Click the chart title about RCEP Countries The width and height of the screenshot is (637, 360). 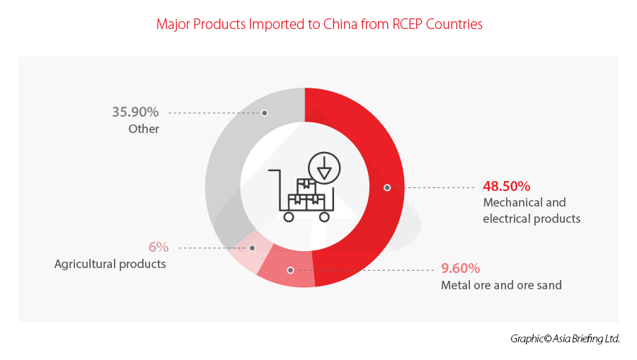click(318, 24)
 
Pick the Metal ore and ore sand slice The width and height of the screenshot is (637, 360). click(283, 272)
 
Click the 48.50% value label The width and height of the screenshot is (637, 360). click(507, 187)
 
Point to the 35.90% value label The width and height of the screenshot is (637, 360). click(135, 112)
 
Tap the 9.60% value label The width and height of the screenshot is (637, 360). click(460, 269)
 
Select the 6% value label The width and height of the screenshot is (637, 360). click(158, 247)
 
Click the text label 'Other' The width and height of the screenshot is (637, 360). click(144, 129)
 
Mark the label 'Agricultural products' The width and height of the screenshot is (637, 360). click(110, 264)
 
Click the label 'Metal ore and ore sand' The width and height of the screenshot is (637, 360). click(501, 286)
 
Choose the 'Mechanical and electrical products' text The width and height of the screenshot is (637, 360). click(532, 211)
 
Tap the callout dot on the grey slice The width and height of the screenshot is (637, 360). click(264, 112)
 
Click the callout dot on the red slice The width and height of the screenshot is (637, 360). click(387, 187)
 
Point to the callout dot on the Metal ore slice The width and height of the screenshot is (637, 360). click(290, 269)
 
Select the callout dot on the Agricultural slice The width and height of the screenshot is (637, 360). click(252, 248)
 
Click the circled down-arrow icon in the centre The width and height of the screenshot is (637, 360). click(325, 168)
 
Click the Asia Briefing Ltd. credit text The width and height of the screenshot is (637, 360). click(565, 339)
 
